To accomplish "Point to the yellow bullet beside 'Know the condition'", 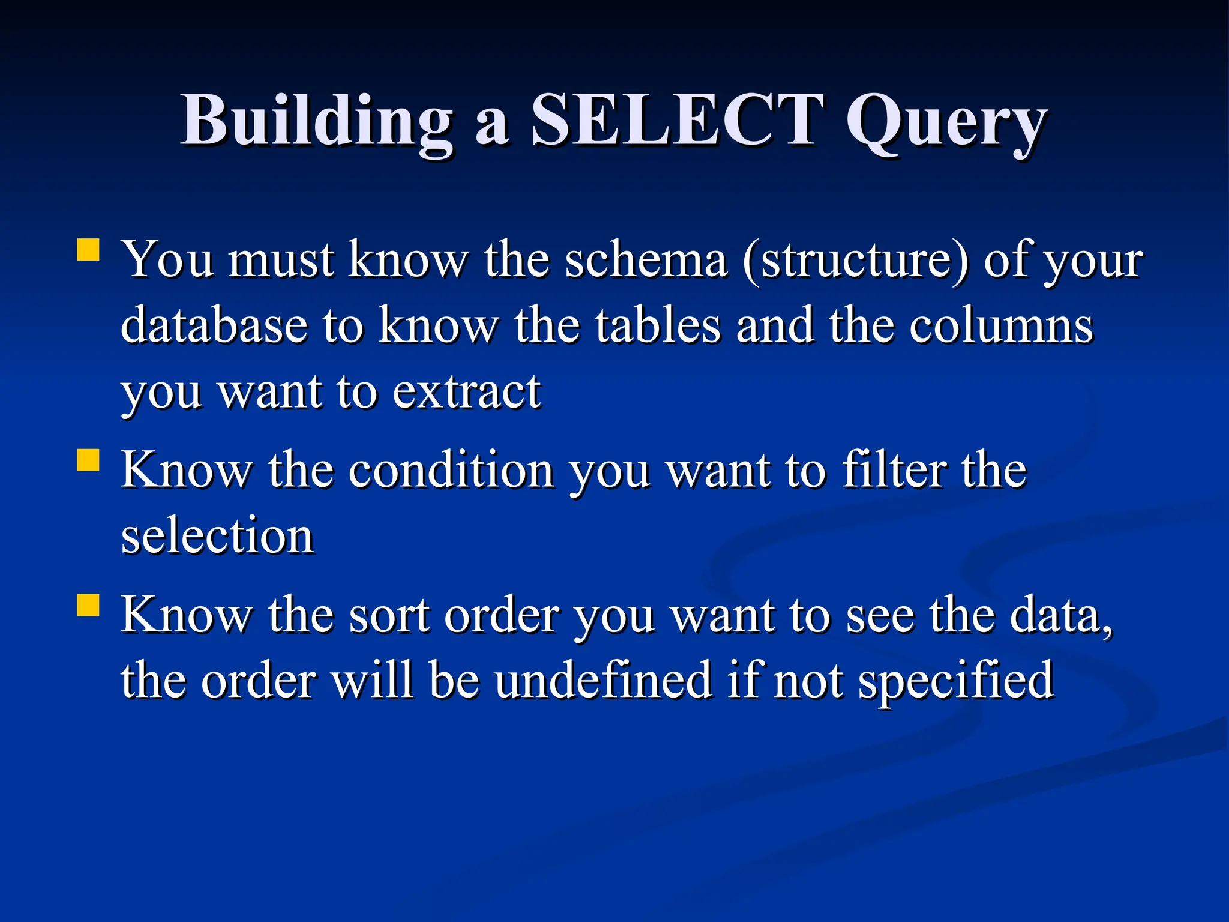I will [x=88, y=460].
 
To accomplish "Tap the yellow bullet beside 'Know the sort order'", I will [x=88, y=605].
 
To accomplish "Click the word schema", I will [x=646, y=260].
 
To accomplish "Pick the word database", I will [x=214, y=325].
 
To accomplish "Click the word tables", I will [x=658, y=325].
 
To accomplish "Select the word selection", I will [x=217, y=535].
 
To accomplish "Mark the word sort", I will [x=389, y=616].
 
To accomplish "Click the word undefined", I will [x=602, y=681].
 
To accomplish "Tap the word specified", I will [x=955, y=682].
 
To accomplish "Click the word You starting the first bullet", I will [x=168, y=260].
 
